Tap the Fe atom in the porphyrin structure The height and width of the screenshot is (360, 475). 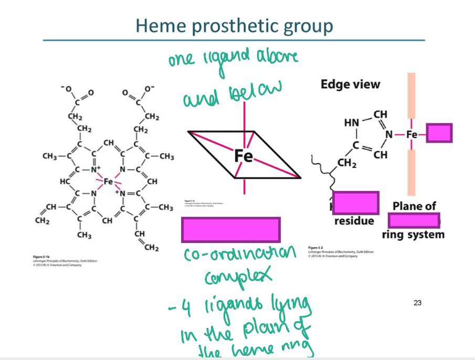[108, 182]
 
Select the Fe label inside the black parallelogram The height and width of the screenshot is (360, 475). [243, 156]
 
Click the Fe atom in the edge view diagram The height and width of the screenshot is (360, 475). [411, 134]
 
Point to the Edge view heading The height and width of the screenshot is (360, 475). [351, 84]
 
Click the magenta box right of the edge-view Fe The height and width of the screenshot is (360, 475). [439, 133]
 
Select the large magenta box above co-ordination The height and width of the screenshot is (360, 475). [230, 230]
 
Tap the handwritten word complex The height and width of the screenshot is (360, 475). [231, 277]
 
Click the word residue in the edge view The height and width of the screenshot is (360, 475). [354, 220]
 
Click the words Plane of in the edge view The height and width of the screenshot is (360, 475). [414, 206]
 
